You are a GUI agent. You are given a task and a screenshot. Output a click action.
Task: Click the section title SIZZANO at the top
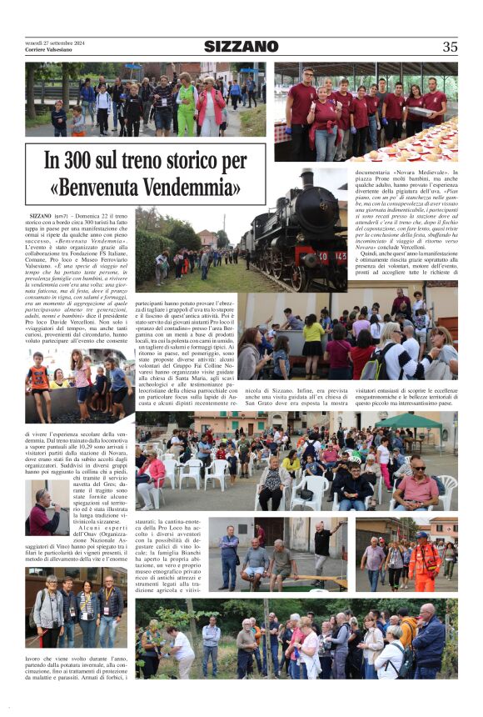tap(242, 47)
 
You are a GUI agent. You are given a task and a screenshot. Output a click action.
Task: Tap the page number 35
tap(450, 47)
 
